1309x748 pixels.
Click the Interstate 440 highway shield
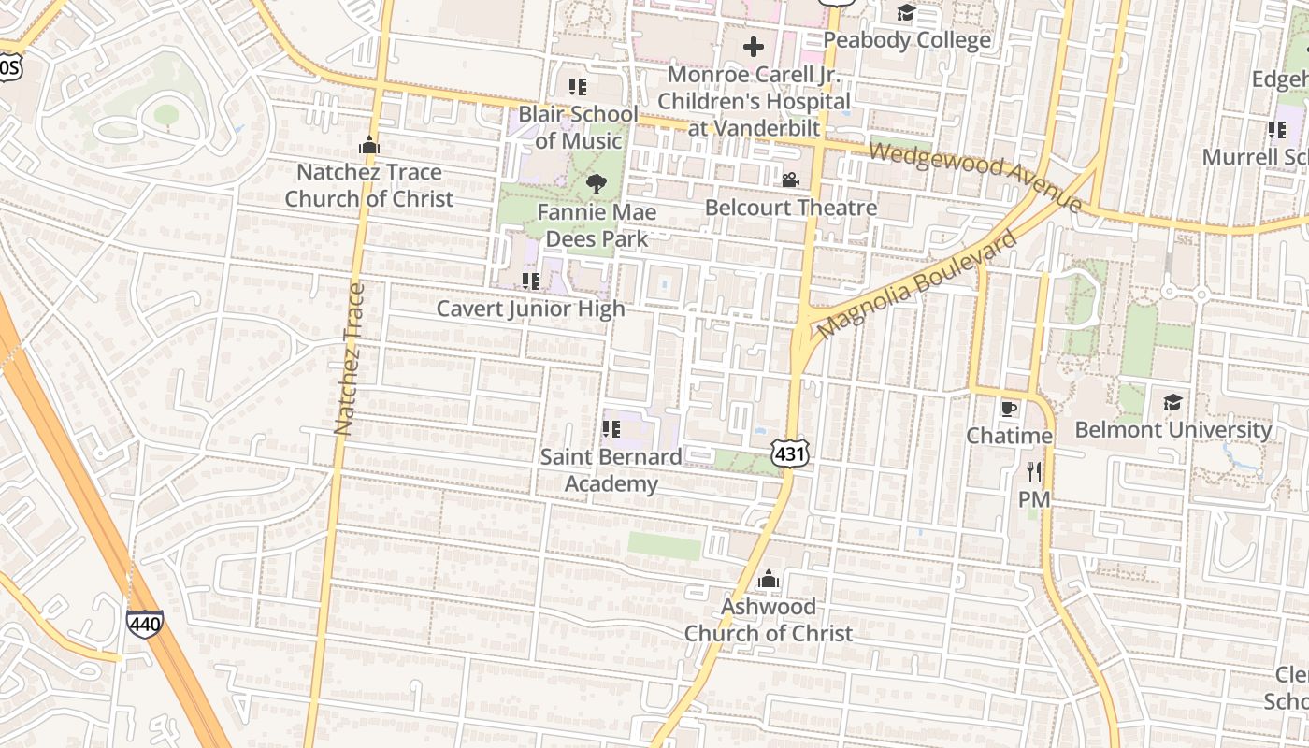145,624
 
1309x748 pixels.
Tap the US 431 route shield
789,453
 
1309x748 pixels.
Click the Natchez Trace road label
348,359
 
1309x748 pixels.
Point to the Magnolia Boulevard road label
916,285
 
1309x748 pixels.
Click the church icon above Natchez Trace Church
369,146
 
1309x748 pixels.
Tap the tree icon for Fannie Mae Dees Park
596,184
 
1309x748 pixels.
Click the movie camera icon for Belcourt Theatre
790,180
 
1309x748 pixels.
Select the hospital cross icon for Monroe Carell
754,46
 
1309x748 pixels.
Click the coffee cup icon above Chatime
1008,409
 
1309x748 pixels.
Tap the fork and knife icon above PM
1033,472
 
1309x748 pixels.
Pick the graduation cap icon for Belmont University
1172,402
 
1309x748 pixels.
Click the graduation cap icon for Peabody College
906,12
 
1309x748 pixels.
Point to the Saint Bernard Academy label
611,469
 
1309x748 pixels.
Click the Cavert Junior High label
530,309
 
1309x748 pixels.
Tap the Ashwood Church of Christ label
768,619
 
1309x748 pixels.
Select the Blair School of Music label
579,127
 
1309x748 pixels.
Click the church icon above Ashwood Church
769,580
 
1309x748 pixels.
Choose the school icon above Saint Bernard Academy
611,429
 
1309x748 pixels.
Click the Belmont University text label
1172,429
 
